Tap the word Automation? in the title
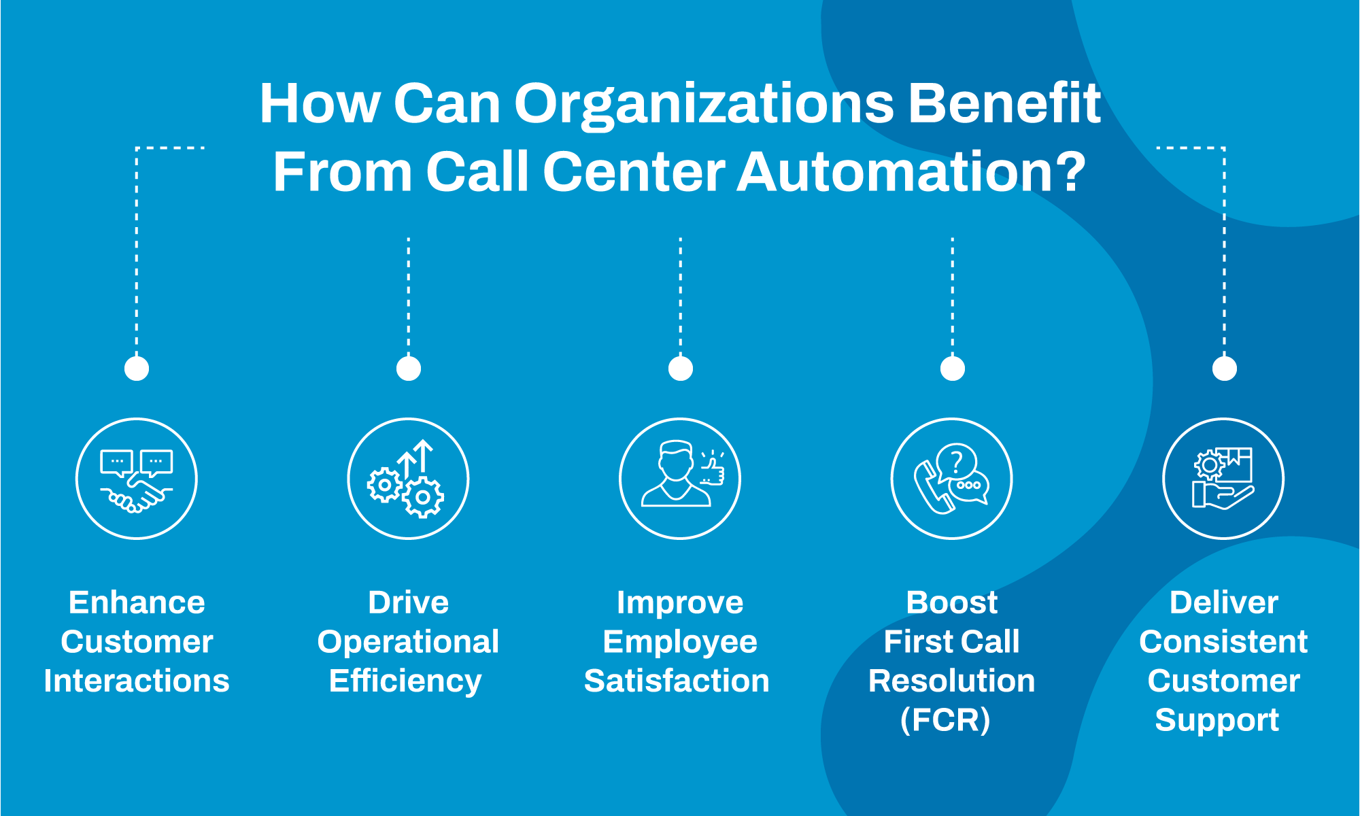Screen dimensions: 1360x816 coord(911,172)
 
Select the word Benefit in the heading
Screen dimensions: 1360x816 coord(1004,103)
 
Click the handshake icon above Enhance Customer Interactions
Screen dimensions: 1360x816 coord(137,479)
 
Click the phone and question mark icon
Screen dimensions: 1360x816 coord(952,479)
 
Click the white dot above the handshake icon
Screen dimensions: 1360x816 coord(137,369)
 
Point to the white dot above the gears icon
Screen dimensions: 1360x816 coord(409,369)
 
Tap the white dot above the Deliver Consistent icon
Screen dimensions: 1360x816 coord(1225,369)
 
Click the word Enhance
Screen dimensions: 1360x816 coord(137,602)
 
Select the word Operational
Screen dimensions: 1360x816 coord(408,642)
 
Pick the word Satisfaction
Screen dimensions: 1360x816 coord(677,681)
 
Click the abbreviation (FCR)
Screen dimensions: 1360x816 coord(945,720)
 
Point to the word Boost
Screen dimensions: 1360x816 coord(952,602)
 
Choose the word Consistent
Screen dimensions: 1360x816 coord(1223,642)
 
